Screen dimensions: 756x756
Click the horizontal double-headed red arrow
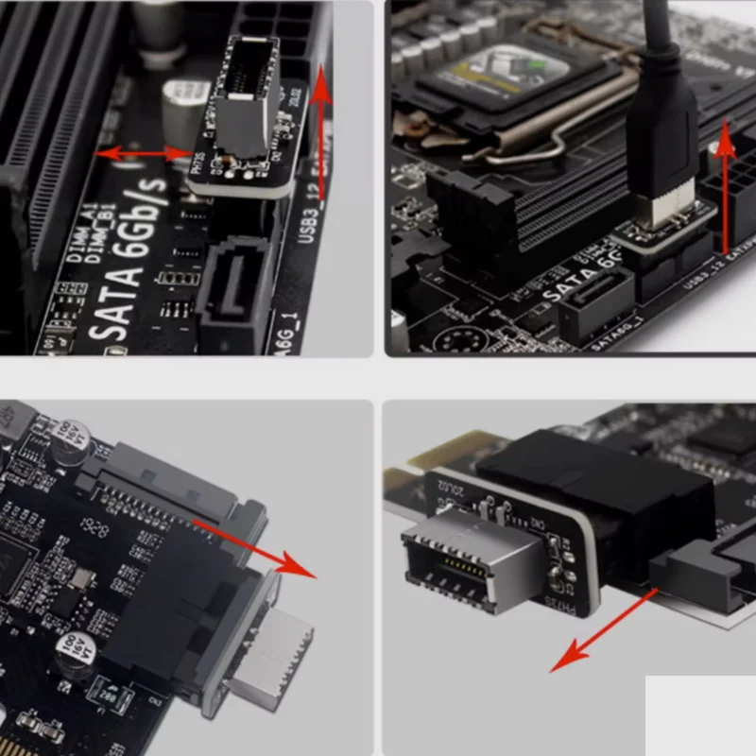(x=143, y=152)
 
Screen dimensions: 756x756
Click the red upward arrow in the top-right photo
(x=726, y=189)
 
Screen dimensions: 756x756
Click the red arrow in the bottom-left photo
(x=255, y=548)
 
